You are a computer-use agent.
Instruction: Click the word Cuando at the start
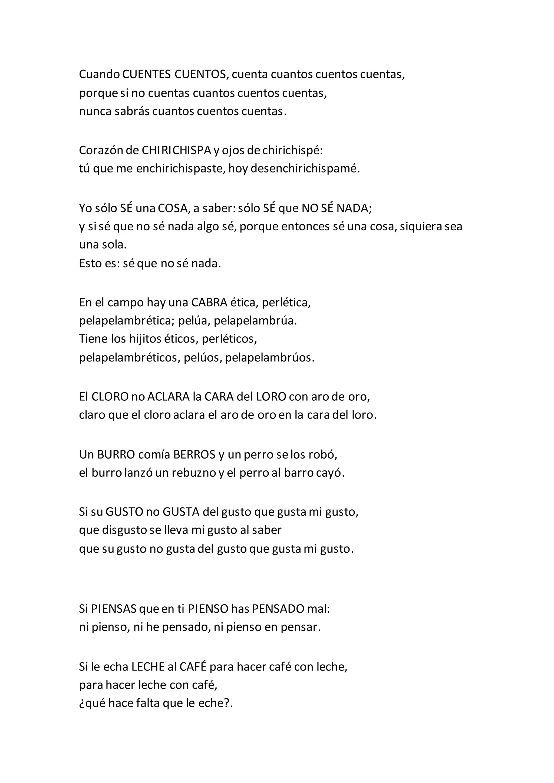click(x=99, y=74)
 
